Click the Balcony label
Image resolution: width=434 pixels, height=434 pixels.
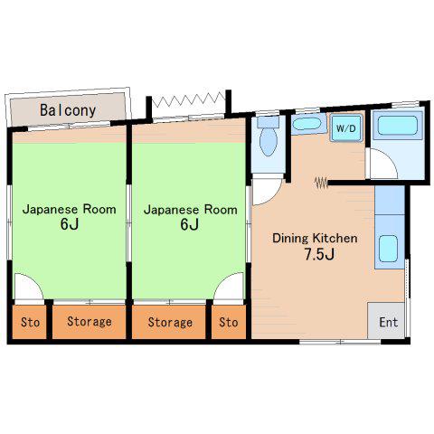(x=68, y=110)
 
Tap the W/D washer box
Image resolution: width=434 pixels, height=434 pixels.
(x=346, y=127)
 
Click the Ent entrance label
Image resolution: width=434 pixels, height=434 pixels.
(x=389, y=322)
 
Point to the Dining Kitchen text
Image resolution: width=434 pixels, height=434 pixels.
(x=315, y=238)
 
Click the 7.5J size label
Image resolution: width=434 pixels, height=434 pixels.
(x=319, y=254)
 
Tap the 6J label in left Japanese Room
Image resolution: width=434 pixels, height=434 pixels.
(x=70, y=224)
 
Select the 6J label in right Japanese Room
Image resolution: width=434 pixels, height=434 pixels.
(x=190, y=224)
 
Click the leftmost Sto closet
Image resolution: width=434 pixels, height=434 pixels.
(x=30, y=322)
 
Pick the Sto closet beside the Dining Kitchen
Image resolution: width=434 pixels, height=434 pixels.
(x=229, y=322)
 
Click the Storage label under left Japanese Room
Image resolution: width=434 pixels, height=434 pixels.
(x=90, y=322)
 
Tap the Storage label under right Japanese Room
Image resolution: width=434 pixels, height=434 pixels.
(x=170, y=323)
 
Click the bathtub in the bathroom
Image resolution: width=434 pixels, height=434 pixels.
(x=398, y=125)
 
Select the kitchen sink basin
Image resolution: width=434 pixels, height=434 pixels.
(x=388, y=249)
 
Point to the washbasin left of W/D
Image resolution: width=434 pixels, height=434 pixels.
(x=307, y=124)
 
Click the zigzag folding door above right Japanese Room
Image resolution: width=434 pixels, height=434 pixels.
(x=189, y=99)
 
